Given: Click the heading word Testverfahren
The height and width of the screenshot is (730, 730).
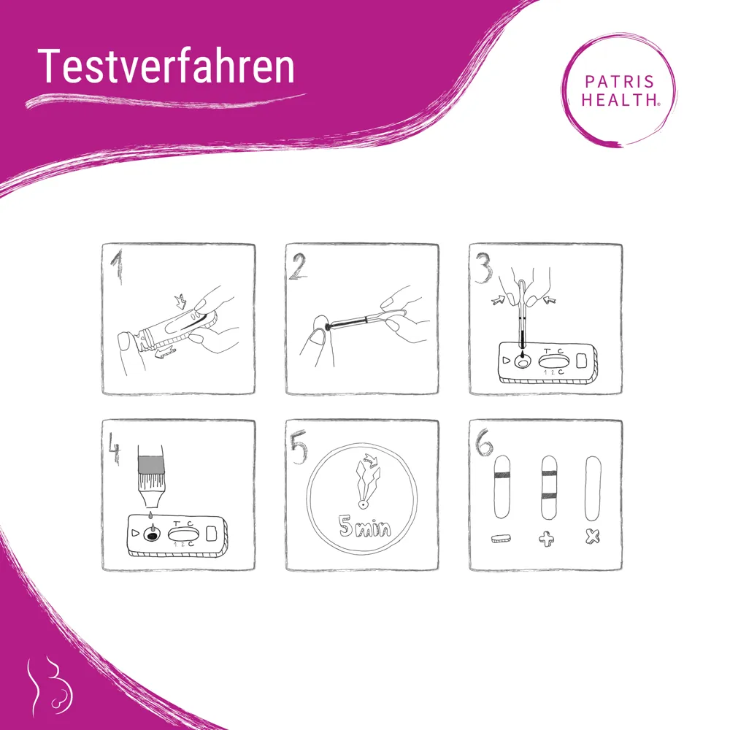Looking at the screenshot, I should pos(166,66).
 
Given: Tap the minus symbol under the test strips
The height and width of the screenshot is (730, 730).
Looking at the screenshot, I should pos(502,539).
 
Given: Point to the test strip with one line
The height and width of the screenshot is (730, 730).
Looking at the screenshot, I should pos(502,487).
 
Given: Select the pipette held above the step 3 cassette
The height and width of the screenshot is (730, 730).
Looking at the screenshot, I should pos(523,321).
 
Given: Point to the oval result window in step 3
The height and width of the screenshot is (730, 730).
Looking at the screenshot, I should pos(553,360).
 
